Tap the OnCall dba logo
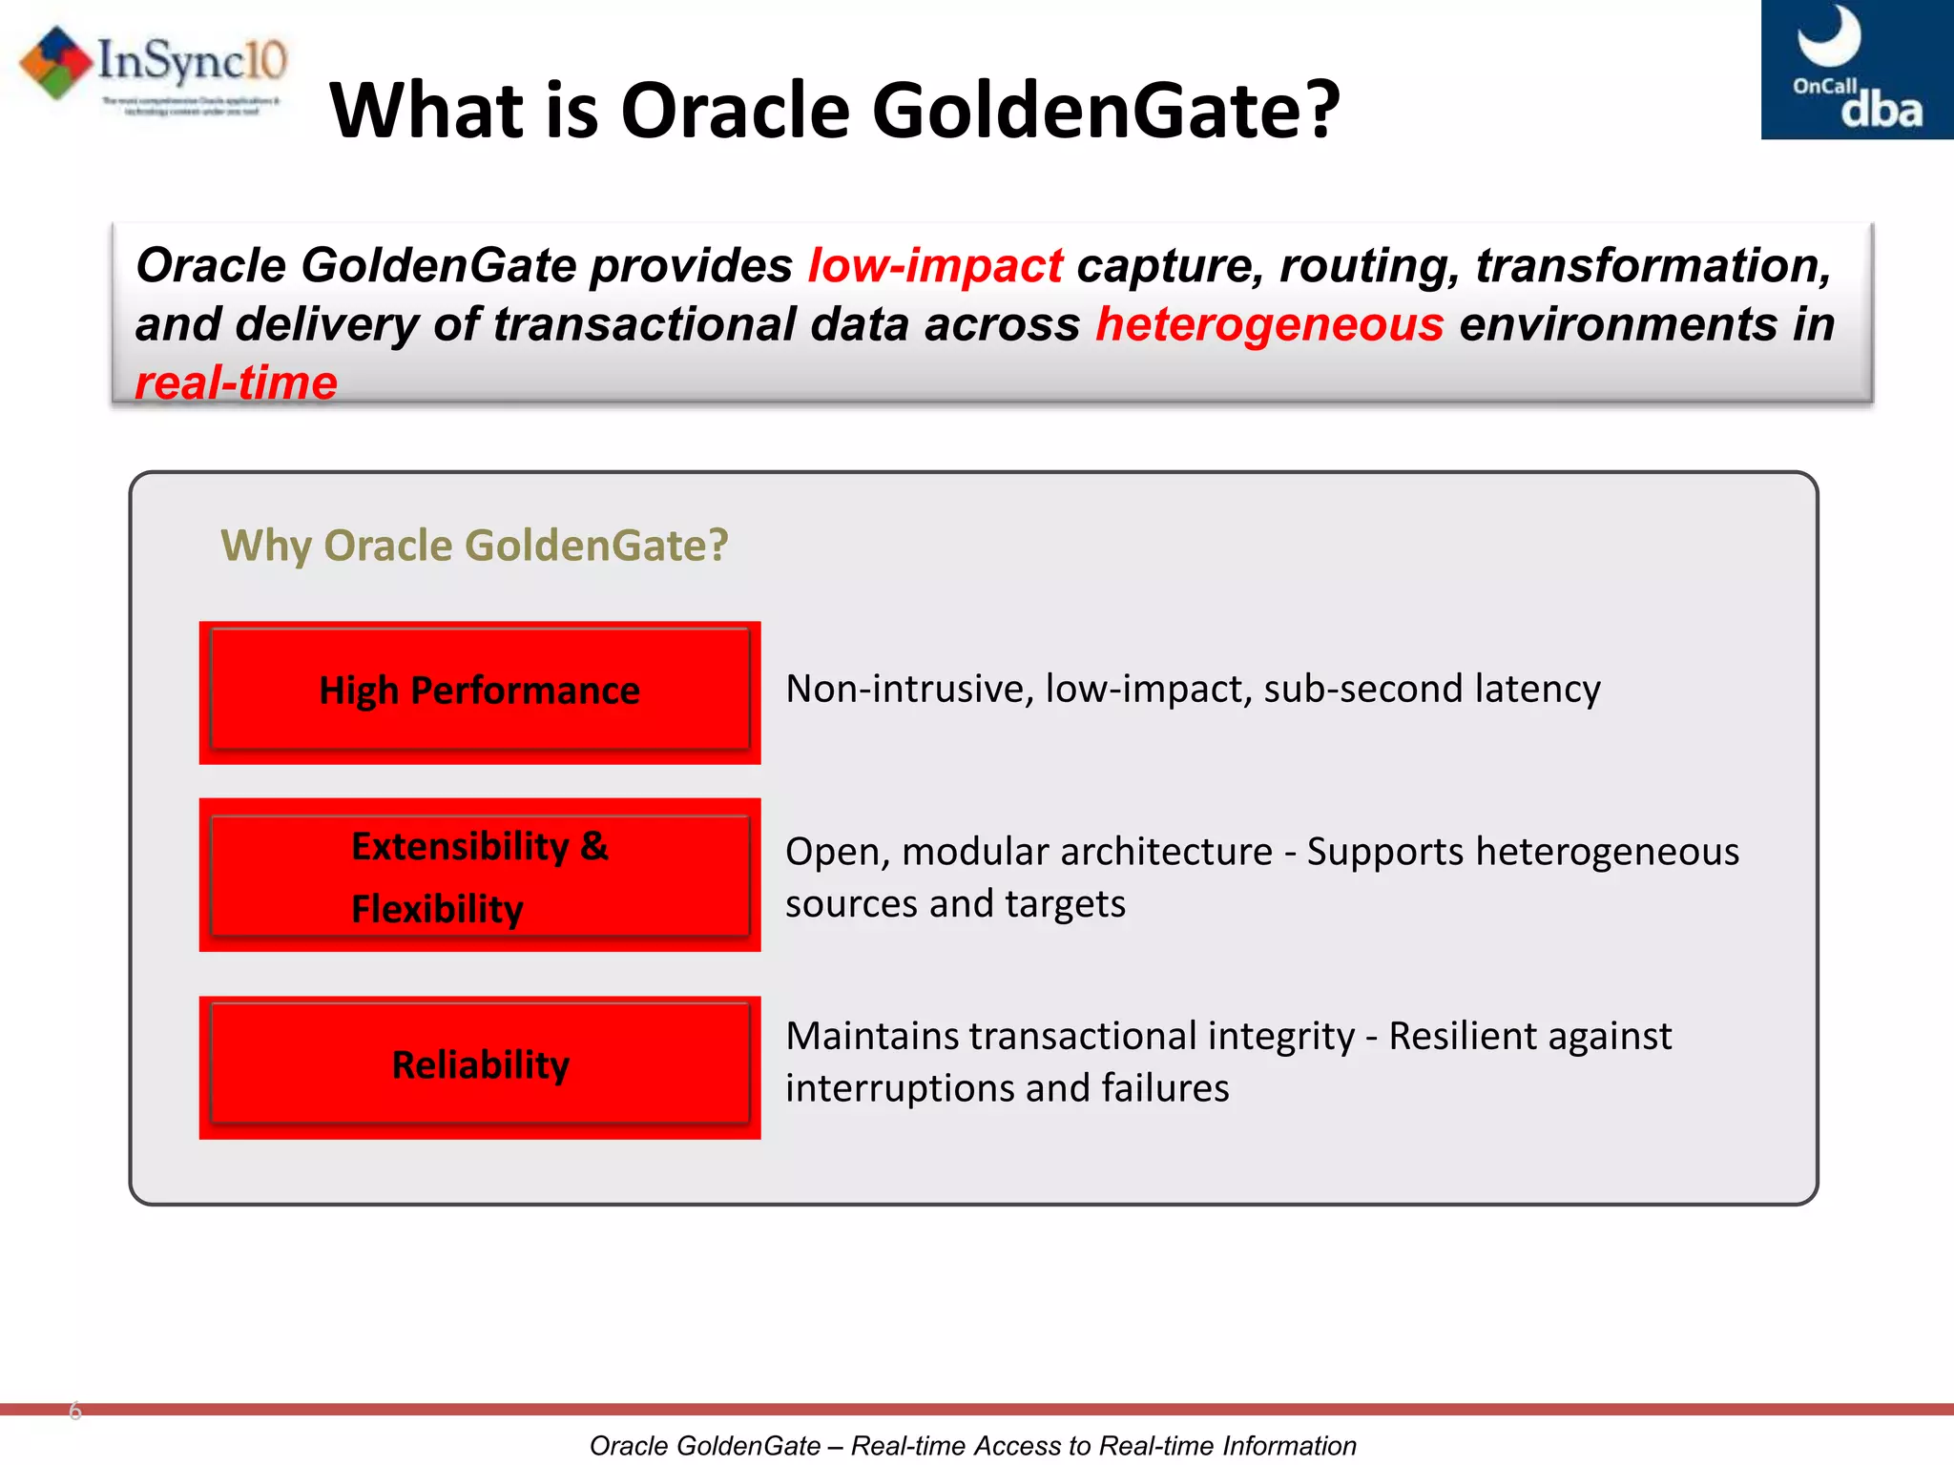tap(1856, 70)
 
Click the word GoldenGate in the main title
tap(1088, 110)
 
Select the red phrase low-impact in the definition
tap(934, 265)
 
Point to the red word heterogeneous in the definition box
tap(1269, 324)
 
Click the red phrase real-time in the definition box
tap(236, 383)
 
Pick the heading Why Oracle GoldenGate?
tap(474, 546)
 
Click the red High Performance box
tap(479, 691)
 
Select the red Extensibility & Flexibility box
tap(479, 876)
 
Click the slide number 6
tap(75, 1411)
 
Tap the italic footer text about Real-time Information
tap(972, 1446)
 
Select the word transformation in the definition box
tap(1653, 265)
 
